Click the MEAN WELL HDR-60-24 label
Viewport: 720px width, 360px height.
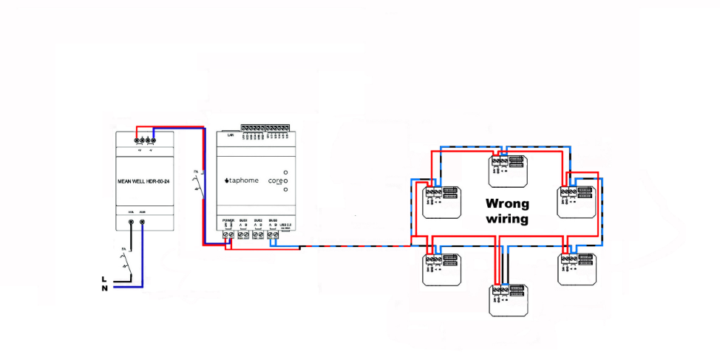145,180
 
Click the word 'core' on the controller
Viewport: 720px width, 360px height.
274,180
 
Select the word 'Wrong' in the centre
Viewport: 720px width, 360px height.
507,203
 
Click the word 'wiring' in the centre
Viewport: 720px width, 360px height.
506,219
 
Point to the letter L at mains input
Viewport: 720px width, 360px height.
104,279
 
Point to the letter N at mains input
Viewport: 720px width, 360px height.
104,288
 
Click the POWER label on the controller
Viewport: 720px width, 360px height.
228,221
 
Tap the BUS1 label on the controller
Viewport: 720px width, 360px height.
243,221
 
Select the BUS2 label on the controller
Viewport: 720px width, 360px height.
258,221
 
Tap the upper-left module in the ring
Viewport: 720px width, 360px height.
442,200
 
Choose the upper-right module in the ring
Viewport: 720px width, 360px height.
576,200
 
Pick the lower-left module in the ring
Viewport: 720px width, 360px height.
442,268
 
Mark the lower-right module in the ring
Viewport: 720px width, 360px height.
576,268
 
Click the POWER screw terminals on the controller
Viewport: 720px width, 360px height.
228,234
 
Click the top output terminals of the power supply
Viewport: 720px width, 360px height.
145,138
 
